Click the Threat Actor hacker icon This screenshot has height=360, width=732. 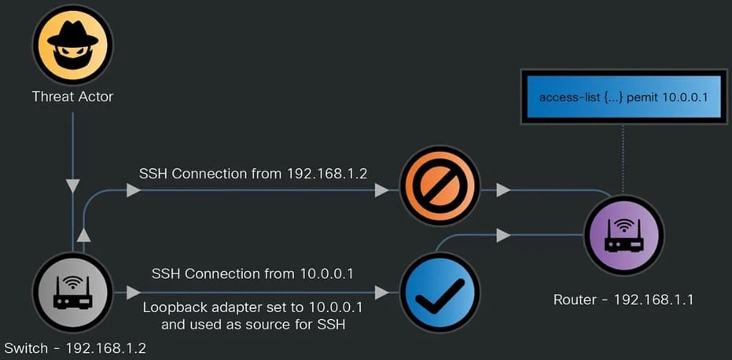click(72, 45)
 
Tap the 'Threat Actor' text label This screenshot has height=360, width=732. click(72, 97)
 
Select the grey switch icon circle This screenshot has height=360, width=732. click(72, 292)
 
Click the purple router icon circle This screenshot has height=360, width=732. click(623, 235)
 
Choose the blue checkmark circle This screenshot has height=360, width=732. click(440, 292)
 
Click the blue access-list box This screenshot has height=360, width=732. click(623, 97)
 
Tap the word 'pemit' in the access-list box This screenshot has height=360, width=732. click(643, 98)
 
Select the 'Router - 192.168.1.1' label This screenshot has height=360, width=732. click(623, 299)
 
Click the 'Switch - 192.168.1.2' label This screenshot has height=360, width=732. click(75, 348)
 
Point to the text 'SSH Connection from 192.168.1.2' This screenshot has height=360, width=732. click(253, 174)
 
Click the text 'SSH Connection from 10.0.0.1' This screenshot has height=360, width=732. click(252, 274)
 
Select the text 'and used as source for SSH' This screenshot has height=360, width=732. click(253, 325)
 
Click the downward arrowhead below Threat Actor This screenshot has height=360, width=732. click(72, 186)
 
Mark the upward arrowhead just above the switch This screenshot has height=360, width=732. click(83, 235)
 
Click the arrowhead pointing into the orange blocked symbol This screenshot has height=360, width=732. click(382, 190)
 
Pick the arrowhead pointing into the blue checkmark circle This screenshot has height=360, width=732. click(382, 292)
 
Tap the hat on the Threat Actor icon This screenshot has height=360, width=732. click(72, 35)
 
